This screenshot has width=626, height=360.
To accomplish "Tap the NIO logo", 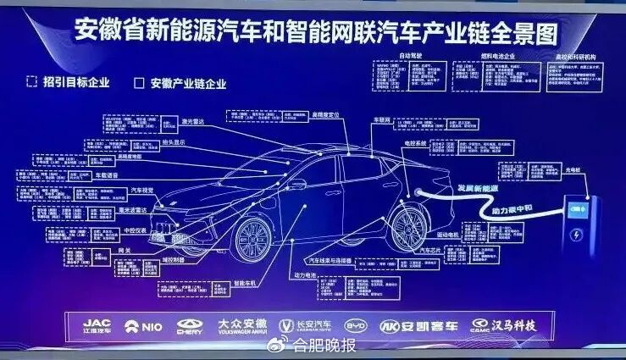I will click(143, 325).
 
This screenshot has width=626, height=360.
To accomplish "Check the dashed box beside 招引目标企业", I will click(31, 82).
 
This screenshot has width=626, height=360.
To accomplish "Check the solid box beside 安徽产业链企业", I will click(139, 83).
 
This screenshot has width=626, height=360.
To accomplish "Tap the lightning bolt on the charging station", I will click(578, 235).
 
